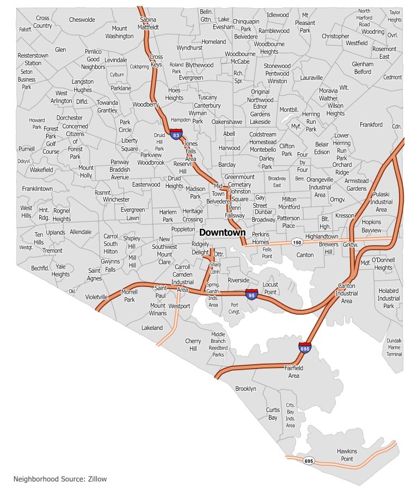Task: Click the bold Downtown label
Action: (223, 232)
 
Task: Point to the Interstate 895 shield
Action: (304, 347)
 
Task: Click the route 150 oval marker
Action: (296, 242)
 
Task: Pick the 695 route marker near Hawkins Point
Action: (309, 461)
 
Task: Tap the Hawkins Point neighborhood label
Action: (347, 455)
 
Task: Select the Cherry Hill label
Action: (193, 345)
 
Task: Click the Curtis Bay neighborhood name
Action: (273, 414)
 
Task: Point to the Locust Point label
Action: (270, 288)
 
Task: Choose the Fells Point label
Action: (267, 253)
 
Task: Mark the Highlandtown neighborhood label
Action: (322, 236)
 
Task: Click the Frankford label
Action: (371, 124)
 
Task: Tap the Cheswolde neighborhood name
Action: (82, 20)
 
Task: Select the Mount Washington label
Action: (119, 32)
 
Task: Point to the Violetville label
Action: (97, 297)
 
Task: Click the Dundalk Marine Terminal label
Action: (394, 347)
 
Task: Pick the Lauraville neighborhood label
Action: (311, 77)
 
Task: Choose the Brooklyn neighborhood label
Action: (245, 389)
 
